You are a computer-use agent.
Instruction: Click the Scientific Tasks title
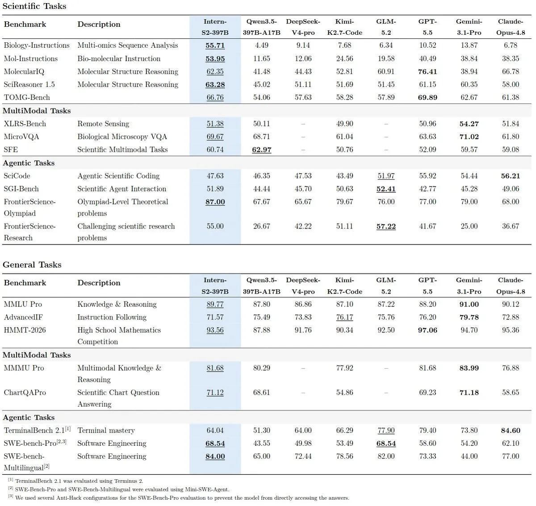click(x=34, y=6)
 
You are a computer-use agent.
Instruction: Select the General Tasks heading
click(x=32, y=265)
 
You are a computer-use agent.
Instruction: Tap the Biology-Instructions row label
click(x=37, y=46)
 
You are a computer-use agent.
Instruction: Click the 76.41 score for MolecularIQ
click(x=427, y=71)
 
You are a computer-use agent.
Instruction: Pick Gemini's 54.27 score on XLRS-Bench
click(x=469, y=124)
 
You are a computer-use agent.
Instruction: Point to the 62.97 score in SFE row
click(x=261, y=149)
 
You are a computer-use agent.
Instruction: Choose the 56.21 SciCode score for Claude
click(x=511, y=176)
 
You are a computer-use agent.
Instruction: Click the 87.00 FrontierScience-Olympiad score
click(x=215, y=202)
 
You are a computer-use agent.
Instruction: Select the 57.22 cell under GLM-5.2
click(x=386, y=226)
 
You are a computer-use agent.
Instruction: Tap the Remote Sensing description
click(x=103, y=124)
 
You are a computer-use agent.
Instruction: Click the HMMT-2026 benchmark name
click(x=25, y=330)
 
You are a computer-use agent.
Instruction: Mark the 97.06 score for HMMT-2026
click(x=427, y=330)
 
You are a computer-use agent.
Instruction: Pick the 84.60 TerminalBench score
click(x=511, y=430)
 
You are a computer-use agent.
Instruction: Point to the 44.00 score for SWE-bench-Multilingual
click(x=469, y=456)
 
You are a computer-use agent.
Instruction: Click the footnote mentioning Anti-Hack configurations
click(x=179, y=498)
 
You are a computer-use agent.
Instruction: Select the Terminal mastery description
click(x=106, y=430)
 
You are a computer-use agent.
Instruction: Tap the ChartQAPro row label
click(x=25, y=393)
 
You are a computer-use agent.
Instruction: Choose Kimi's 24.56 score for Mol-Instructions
click(x=344, y=58)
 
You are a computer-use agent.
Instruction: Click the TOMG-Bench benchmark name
click(x=27, y=97)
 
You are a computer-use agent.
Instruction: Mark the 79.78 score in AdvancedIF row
click(x=469, y=317)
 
